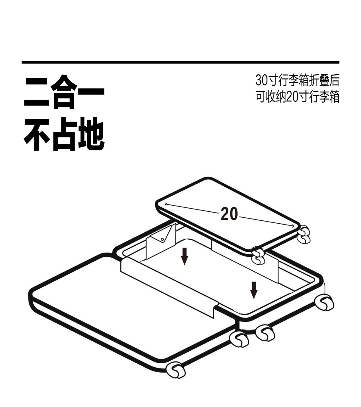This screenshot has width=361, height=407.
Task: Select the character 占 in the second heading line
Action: [x=64, y=134]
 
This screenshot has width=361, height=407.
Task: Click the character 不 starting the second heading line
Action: [x=37, y=134]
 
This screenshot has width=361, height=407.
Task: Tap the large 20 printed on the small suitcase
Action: [x=229, y=214]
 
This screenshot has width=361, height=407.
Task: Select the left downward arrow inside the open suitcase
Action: [x=184, y=256]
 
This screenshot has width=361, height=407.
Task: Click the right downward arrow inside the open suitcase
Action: [x=254, y=290]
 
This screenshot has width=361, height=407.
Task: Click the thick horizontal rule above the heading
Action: [x=180, y=62]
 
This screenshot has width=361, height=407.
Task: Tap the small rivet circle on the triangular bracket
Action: [x=162, y=240]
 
